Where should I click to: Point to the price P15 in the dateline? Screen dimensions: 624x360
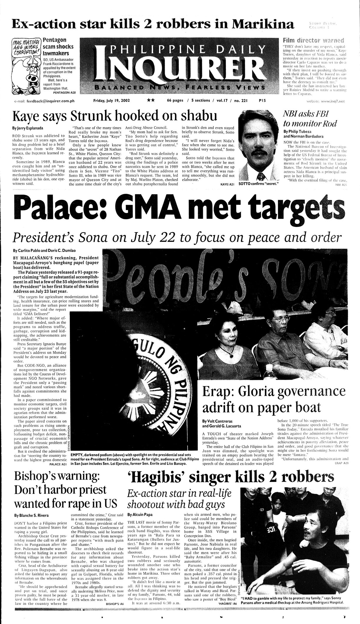point(262,101)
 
